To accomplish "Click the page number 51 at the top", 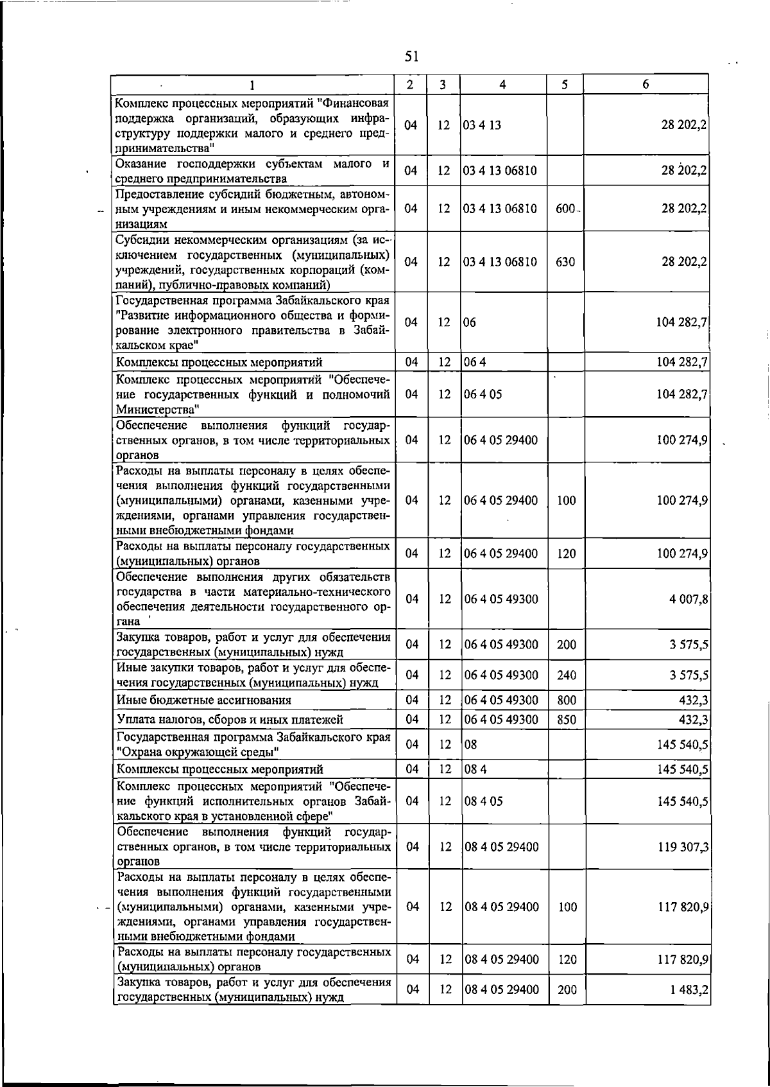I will (x=412, y=57).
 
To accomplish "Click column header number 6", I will (x=646, y=84).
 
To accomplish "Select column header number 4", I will (x=502, y=84).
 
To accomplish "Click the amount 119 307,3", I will (x=683, y=847).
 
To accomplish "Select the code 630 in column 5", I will (x=565, y=262).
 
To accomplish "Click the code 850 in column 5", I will (x=567, y=720).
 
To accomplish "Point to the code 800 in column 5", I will (x=567, y=700).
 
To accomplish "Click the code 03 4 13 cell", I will (x=482, y=125).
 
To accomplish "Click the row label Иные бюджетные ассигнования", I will (x=203, y=700).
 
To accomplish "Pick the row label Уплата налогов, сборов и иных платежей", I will (x=230, y=720).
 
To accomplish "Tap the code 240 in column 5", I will (x=567, y=675).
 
